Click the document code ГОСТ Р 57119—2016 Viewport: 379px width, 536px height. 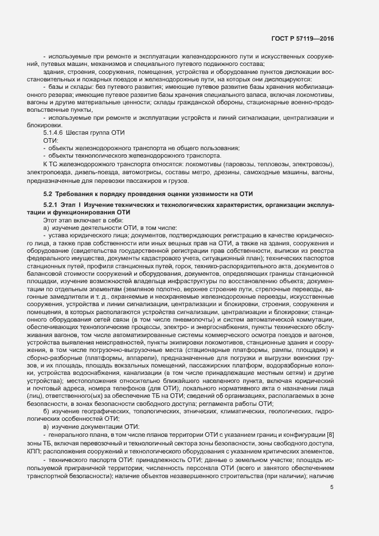[302, 38]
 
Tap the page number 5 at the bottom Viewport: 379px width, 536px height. [332, 488]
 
